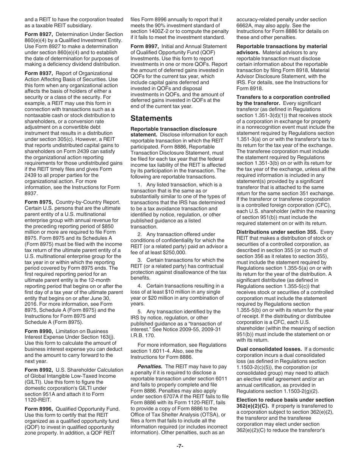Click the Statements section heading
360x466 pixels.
151,118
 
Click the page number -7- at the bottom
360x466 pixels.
180,446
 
